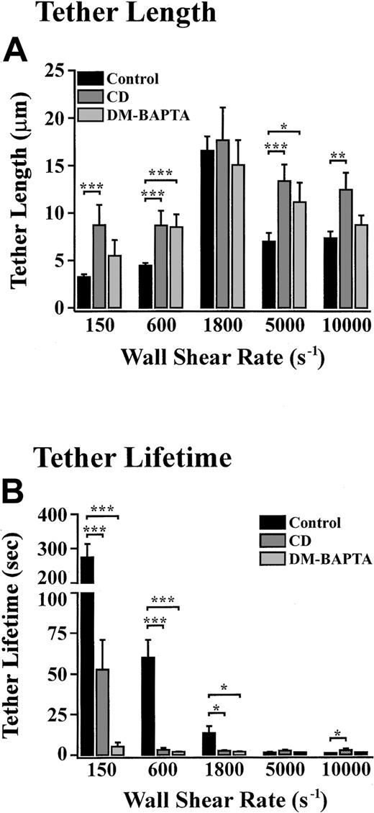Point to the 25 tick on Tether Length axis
(54, 71)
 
